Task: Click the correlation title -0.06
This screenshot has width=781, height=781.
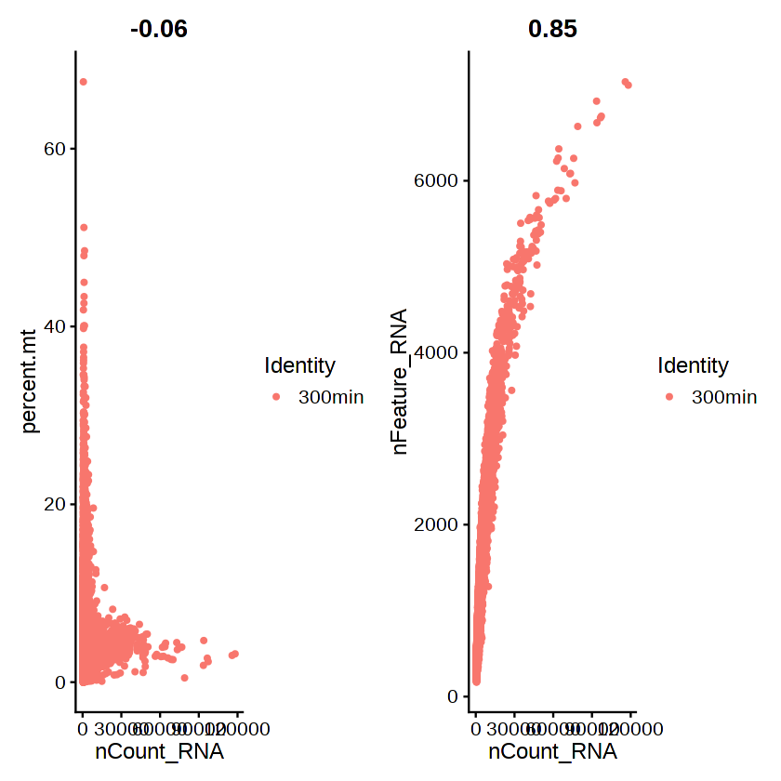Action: (159, 29)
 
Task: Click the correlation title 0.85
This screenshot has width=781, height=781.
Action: (552, 29)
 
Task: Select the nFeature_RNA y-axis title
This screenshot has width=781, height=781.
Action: (401, 382)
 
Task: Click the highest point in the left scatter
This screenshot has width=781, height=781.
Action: (83, 82)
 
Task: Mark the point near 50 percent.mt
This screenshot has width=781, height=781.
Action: (83, 227)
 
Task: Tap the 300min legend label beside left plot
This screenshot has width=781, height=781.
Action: (331, 397)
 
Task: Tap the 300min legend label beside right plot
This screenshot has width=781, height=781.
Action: (724, 397)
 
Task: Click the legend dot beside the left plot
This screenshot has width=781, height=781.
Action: (277, 397)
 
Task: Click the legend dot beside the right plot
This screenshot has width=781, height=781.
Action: (670, 397)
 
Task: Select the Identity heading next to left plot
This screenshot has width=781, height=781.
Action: (299, 364)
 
